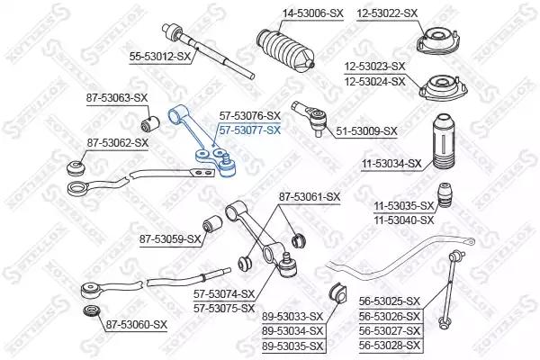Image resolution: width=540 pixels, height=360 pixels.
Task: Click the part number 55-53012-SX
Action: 161,56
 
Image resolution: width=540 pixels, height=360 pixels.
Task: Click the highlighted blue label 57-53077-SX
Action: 250,130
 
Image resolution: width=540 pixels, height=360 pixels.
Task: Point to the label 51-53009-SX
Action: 366,131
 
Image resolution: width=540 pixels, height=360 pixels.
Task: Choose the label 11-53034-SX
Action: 391,163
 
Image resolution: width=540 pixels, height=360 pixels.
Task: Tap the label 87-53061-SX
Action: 309,196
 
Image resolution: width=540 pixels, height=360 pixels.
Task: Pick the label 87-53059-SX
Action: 170,238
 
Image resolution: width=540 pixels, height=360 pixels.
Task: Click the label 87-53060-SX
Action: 136,324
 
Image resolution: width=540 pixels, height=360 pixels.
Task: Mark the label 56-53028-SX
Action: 391,345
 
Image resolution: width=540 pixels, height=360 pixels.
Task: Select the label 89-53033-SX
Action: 292,316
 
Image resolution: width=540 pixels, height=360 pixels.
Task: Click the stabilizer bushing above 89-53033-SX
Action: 337,293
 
